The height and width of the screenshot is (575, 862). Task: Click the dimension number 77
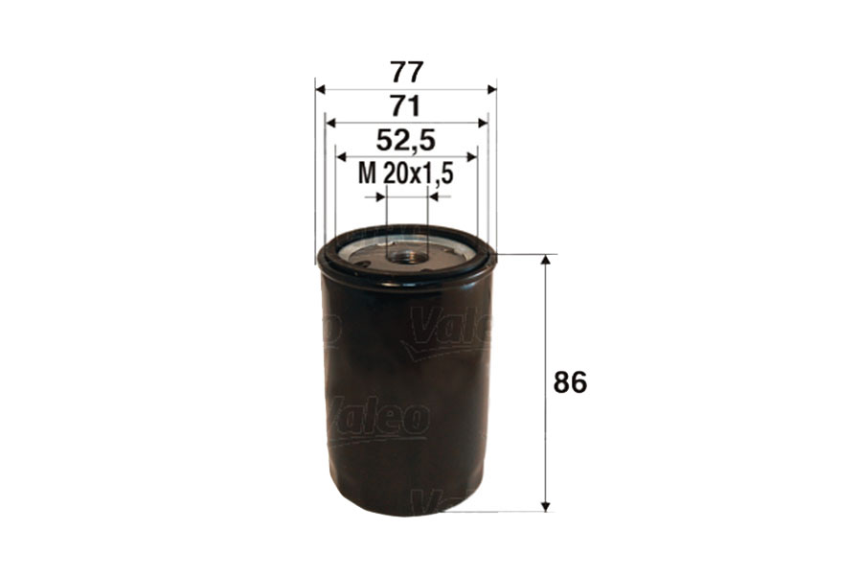[406, 72]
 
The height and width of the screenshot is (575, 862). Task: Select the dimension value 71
[406, 105]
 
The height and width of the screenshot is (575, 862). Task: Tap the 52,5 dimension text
[406, 141]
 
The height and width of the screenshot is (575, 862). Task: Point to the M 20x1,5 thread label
[404, 173]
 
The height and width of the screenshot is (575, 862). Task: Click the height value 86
[570, 382]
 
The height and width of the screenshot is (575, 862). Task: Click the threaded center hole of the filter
[406, 256]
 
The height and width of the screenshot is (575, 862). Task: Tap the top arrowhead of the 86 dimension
[546, 262]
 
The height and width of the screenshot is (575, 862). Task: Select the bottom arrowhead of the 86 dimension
[546, 504]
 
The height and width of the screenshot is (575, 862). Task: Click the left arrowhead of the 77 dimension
[321, 89]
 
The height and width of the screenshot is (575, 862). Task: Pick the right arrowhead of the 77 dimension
[491, 89]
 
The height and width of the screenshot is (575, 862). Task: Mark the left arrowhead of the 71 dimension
[330, 123]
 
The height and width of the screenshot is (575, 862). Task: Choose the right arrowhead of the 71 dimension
[483, 123]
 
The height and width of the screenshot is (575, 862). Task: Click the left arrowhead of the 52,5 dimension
[341, 156]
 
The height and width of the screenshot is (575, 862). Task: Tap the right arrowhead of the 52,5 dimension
[471, 156]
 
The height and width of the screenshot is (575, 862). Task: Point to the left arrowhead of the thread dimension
[380, 196]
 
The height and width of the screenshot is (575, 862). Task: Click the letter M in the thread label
[366, 173]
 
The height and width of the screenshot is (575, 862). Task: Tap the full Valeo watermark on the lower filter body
[378, 419]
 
